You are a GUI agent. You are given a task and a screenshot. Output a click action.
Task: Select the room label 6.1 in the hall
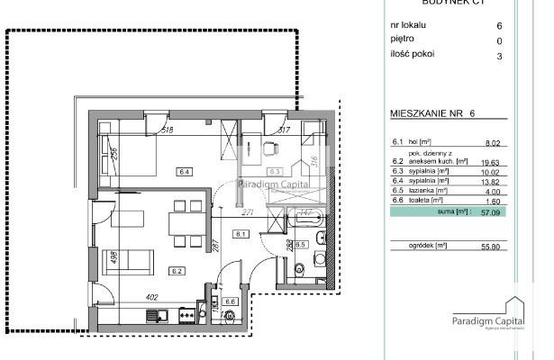click(x=240, y=234)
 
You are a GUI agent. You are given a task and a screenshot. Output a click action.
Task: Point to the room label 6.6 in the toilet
click(x=231, y=302)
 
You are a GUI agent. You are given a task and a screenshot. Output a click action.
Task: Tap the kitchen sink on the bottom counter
click(x=154, y=315)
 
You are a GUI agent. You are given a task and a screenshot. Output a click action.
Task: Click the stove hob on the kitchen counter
click(x=186, y=315)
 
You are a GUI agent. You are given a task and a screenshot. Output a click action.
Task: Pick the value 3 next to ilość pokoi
click(x=498, y=54)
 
